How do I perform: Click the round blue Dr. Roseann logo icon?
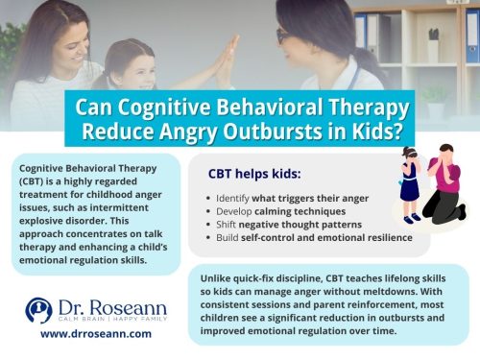click(37, 310)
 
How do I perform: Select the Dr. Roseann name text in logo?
click(103, 305)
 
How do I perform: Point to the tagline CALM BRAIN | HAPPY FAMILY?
click(104, 321)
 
